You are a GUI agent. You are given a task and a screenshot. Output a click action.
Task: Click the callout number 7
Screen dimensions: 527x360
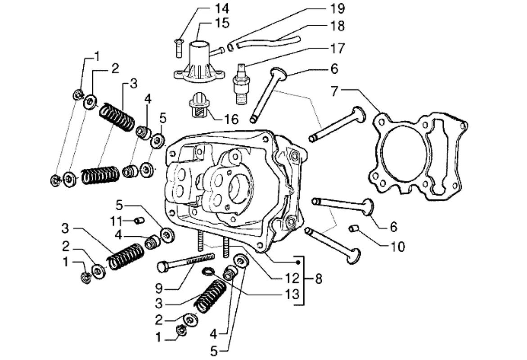click(334, 91)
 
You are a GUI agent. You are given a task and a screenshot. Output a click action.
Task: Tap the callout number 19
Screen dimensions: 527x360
click(338, 9)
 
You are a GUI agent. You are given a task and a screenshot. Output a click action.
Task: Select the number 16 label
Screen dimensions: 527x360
click(231, 119)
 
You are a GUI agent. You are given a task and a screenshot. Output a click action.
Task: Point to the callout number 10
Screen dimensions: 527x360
click(397, 247)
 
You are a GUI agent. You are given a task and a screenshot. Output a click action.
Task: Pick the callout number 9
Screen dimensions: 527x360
click(159, 288)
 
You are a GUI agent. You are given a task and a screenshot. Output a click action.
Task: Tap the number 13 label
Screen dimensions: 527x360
click(292, 294)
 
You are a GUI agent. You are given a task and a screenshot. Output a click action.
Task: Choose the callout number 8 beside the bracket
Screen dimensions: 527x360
click(318, 279)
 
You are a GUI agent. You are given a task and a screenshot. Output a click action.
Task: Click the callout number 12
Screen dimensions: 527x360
click(292, 278)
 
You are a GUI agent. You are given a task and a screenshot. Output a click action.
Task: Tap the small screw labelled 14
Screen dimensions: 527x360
click(178, 49)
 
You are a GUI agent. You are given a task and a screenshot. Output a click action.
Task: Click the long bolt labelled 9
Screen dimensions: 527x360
click(186, 262)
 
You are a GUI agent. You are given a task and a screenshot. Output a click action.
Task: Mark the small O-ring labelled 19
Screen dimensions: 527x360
click(230, 48)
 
